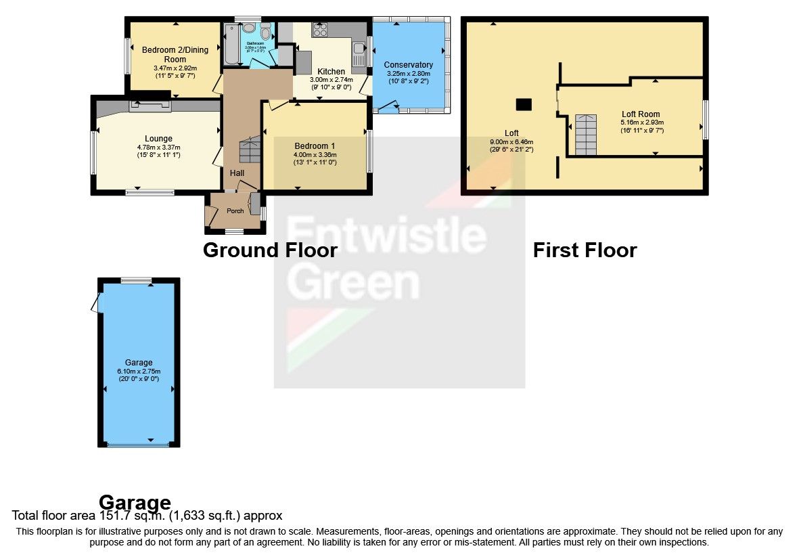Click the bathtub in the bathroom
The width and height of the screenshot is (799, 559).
(x=230, y=44)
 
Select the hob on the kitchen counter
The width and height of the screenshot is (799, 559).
(x=319, y=30)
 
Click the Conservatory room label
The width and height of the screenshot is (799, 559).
(x=410, y=65)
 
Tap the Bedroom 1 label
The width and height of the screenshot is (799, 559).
(x=315, y=146)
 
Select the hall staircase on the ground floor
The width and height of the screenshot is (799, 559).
(x=250, y=150)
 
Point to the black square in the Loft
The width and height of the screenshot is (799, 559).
(x=524, y=104)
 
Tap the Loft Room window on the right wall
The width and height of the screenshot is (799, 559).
(x=705, y=120)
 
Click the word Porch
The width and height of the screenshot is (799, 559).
(x=235, y=211)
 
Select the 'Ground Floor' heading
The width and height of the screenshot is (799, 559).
(x=270, y=250)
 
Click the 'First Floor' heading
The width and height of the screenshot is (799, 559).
(x=585, y=250)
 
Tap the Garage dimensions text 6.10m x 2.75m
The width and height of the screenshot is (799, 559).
(x=139, y=371)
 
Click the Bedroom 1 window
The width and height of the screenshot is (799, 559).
(x=369, y=150)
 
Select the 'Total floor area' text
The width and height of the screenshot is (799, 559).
(x=147, y=516)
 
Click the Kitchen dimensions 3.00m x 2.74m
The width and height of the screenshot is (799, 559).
(x=332, y=79)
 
